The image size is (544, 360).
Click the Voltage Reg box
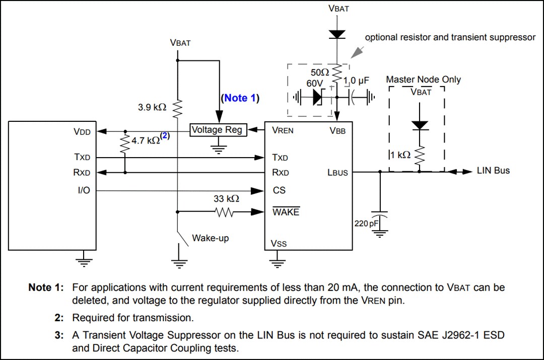[217, 130]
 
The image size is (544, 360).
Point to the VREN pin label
[283, 130]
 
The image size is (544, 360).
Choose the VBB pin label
[337, 130]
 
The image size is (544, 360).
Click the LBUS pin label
[337, 173]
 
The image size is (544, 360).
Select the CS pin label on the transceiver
[279, 191]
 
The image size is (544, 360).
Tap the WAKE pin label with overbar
[286, 212]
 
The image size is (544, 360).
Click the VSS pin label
[279, 244]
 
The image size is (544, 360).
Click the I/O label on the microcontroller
[84, 191]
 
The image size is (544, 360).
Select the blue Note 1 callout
[239, 98]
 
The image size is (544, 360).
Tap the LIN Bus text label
[493, 171]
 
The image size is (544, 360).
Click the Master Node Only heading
[423, 80]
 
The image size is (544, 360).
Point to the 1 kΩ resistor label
[400, 155]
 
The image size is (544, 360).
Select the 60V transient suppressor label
[315, 83]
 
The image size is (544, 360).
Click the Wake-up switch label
[210, 238]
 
